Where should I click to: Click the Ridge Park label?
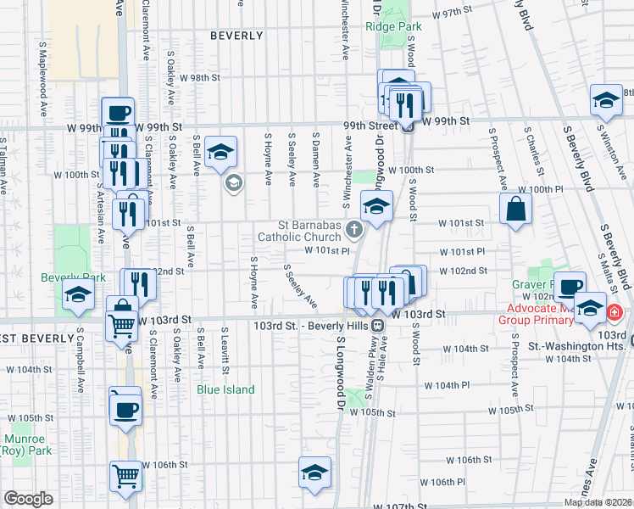point(393,26)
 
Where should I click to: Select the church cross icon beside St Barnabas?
point(353,229)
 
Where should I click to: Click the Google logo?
point(29,499)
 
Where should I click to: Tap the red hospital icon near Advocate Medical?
point(615,313)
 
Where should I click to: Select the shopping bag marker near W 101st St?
point(515,209)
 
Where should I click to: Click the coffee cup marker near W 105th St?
point(126,409)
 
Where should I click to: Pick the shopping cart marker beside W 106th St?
point(125,476)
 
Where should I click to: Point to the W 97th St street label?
point(450,14)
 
